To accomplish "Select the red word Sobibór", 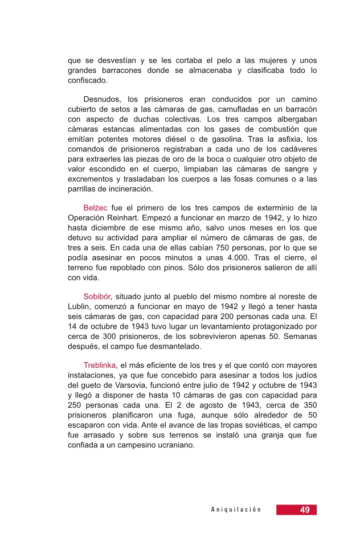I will (97, 297).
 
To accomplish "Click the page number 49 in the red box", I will (305, 510).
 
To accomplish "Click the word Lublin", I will (78, 306).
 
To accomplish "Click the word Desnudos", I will (101, 99).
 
